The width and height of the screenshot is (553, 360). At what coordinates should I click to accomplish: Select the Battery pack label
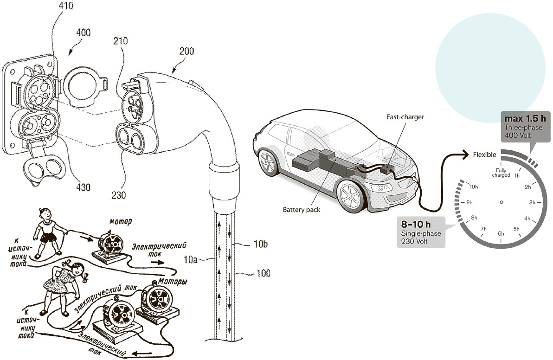tap(302, 210)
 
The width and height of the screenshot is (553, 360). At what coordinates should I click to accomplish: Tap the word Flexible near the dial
tap(484, 155)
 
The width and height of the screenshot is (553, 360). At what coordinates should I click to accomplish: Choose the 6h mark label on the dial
tap(501, 233)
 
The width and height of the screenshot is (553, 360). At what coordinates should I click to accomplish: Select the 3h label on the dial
tap(532, 203)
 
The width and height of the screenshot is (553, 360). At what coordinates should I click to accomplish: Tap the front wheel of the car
tap(350, 195)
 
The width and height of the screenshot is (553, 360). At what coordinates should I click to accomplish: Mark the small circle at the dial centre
tap(501, 202)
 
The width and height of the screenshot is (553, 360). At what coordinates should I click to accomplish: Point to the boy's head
tap(45, 215)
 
